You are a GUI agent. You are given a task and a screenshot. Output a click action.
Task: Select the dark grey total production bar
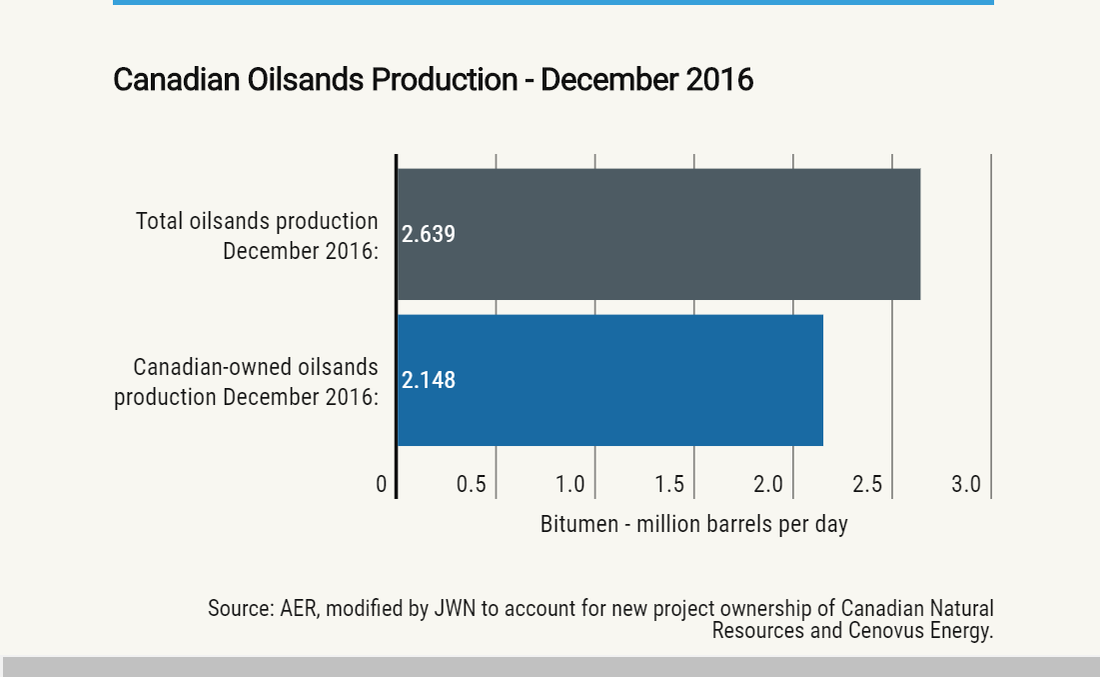click(658, 234)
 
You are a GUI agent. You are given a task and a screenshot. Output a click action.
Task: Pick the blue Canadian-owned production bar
click(610, 380)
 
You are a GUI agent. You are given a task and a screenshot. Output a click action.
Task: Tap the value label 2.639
click(428, 234)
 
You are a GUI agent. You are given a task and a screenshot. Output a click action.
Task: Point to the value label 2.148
click(428, 380)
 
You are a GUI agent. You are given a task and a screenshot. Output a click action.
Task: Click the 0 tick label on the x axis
click(381, 484)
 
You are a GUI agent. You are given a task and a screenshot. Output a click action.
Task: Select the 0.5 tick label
click(471, 484)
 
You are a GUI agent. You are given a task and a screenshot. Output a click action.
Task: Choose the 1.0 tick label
click(569, 484)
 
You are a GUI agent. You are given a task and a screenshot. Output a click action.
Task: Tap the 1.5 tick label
click(669, 484)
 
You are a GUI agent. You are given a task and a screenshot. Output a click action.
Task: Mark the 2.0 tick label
click(768, 484)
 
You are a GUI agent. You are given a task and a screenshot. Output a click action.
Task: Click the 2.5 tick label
click(867, 484)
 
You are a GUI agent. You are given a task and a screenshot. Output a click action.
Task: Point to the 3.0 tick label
click(966, 484)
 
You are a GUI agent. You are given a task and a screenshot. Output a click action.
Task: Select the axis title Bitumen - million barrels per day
click(693, 525)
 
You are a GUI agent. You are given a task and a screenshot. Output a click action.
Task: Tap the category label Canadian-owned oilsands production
click(246, 381)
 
